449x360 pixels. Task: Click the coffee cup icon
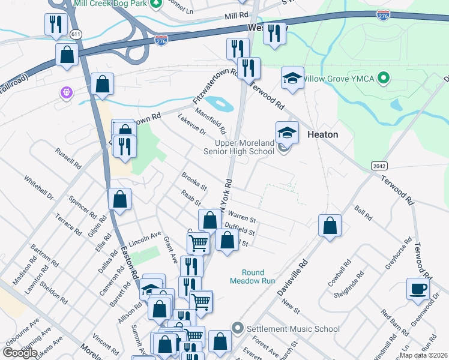tap(418, 289)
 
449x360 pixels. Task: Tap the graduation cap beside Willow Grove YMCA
tap(292, 79)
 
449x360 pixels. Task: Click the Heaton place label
tap(322, 134)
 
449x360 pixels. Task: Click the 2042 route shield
tap(379, 166)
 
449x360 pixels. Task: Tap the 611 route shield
tap(76, 34)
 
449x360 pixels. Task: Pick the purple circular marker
tap(65, 93)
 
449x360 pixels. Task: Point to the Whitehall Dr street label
tap(39, 188)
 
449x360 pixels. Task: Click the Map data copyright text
tap(423, 355)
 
